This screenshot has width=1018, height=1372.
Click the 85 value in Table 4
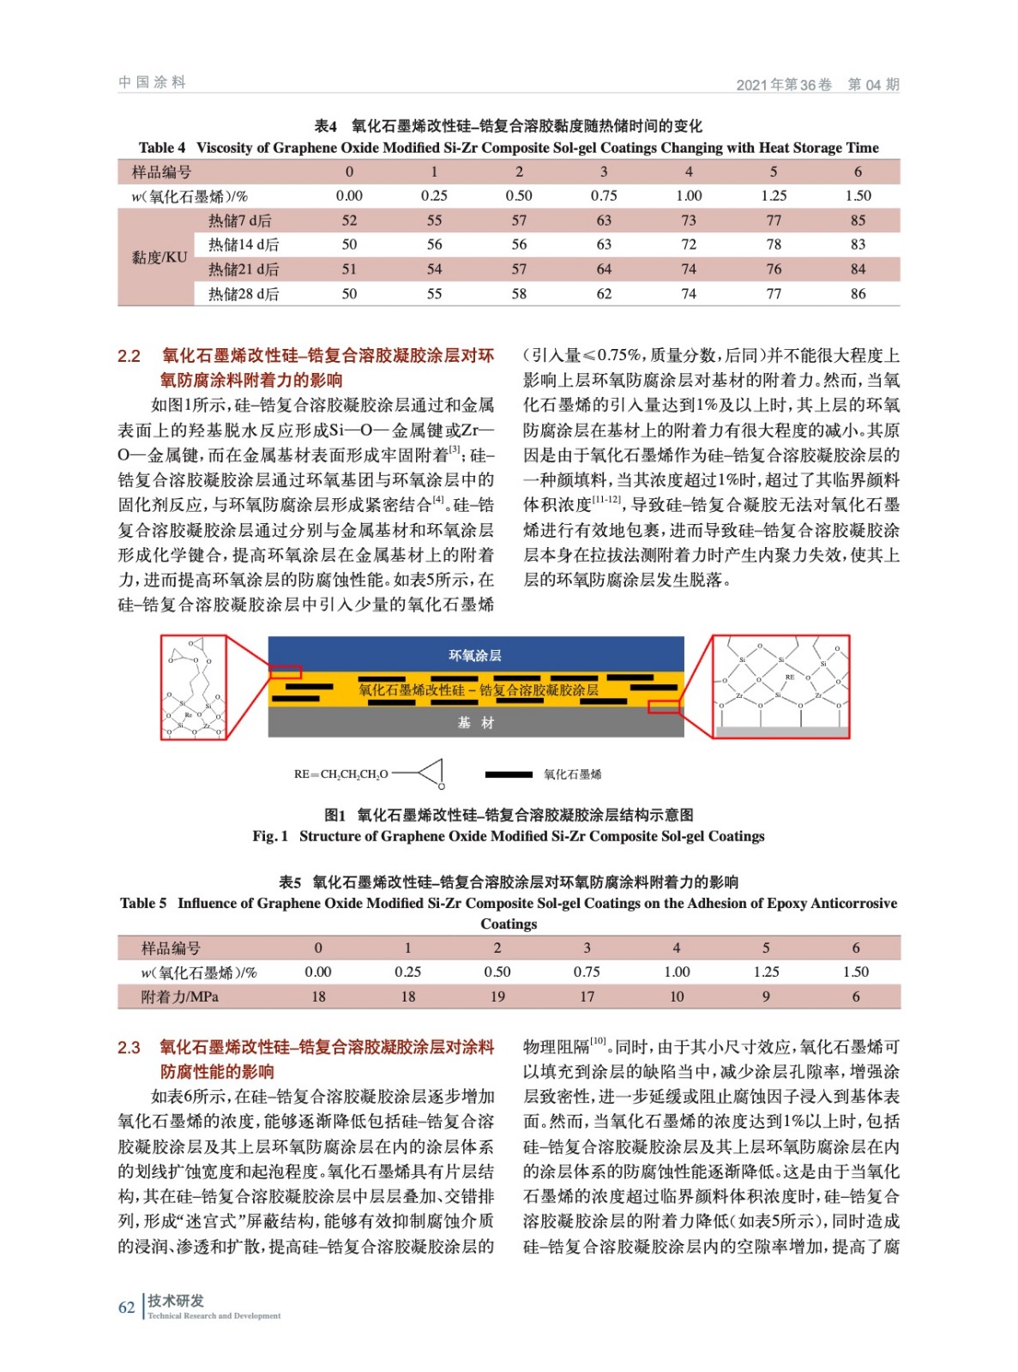(x=858, y=220)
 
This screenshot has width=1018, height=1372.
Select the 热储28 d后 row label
(x=244, y=294)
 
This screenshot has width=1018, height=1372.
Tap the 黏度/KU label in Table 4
(x=159, y=257)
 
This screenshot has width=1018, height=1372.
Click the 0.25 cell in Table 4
(x=434, y=196)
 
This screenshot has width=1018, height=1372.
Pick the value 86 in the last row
(x=858, y=294)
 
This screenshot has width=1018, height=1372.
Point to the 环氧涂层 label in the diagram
(x=475, y=655)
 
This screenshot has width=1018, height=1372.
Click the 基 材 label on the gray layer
(x=475, y=723)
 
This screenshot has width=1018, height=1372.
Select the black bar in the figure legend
(x=509, y=774)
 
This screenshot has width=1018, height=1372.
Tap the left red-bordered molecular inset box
(x=194, y=687)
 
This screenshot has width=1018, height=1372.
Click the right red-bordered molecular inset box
(x=780, y=686)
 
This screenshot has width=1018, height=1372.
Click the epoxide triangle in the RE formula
(x=431, y=773)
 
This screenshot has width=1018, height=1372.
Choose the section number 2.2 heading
(x=129, y=356)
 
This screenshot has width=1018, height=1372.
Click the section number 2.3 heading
(x=129, y=1047)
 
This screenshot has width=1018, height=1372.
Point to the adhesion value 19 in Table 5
(x=497, y=996)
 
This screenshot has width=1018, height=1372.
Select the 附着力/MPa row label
(x=179, y=996)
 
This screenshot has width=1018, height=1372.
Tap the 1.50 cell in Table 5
(x=855, y=972)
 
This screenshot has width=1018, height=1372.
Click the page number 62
(x=127, y=1307)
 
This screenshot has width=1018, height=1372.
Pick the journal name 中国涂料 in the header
(x=152, y=82)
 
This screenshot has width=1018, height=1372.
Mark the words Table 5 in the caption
(x=143, y=903)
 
